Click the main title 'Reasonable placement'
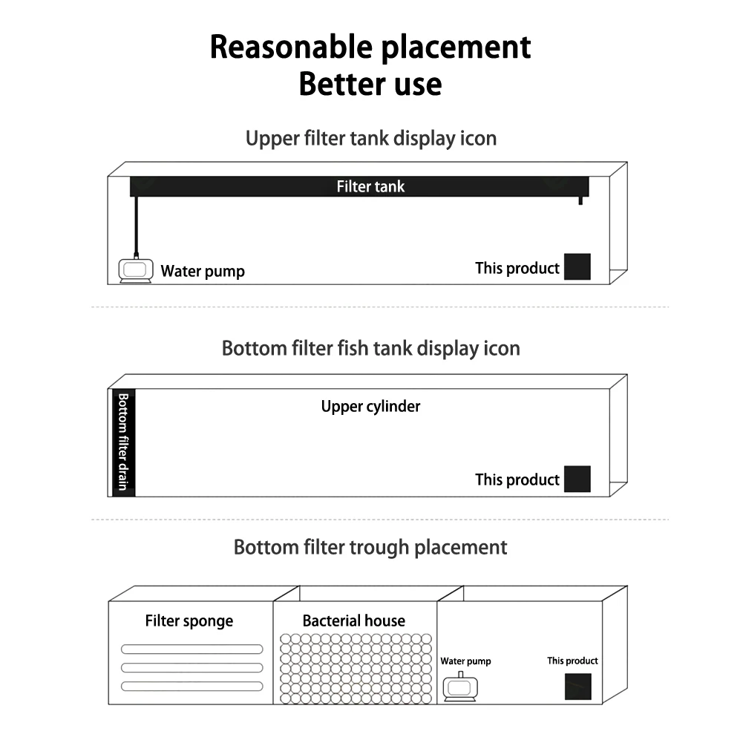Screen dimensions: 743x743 tap(370, 47)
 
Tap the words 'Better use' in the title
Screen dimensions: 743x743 tap(370, 83)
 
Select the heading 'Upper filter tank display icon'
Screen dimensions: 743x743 tap(370, 138)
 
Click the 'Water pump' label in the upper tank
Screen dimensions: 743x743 tap(203, 272)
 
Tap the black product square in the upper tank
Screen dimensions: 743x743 tap(577, 266)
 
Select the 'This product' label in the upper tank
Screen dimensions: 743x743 tap(517, 268)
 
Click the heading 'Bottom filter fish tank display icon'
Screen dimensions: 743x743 tap(370, 348)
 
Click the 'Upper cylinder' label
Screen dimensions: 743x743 tap(370, 406)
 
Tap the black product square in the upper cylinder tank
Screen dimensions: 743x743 tap(577, 479)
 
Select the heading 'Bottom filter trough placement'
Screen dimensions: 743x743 tap(370, 547)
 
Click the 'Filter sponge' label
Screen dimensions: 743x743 tap(189, 621)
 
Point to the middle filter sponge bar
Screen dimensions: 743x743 tap(192, 667)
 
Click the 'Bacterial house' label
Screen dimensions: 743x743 tap(354, 621)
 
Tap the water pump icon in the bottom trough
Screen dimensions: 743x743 tap(461, 688)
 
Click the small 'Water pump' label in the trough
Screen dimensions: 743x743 tap(465, 661)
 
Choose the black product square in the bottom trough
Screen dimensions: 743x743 tap(577, 687)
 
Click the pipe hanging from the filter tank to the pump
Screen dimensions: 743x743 tap(136, 226)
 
